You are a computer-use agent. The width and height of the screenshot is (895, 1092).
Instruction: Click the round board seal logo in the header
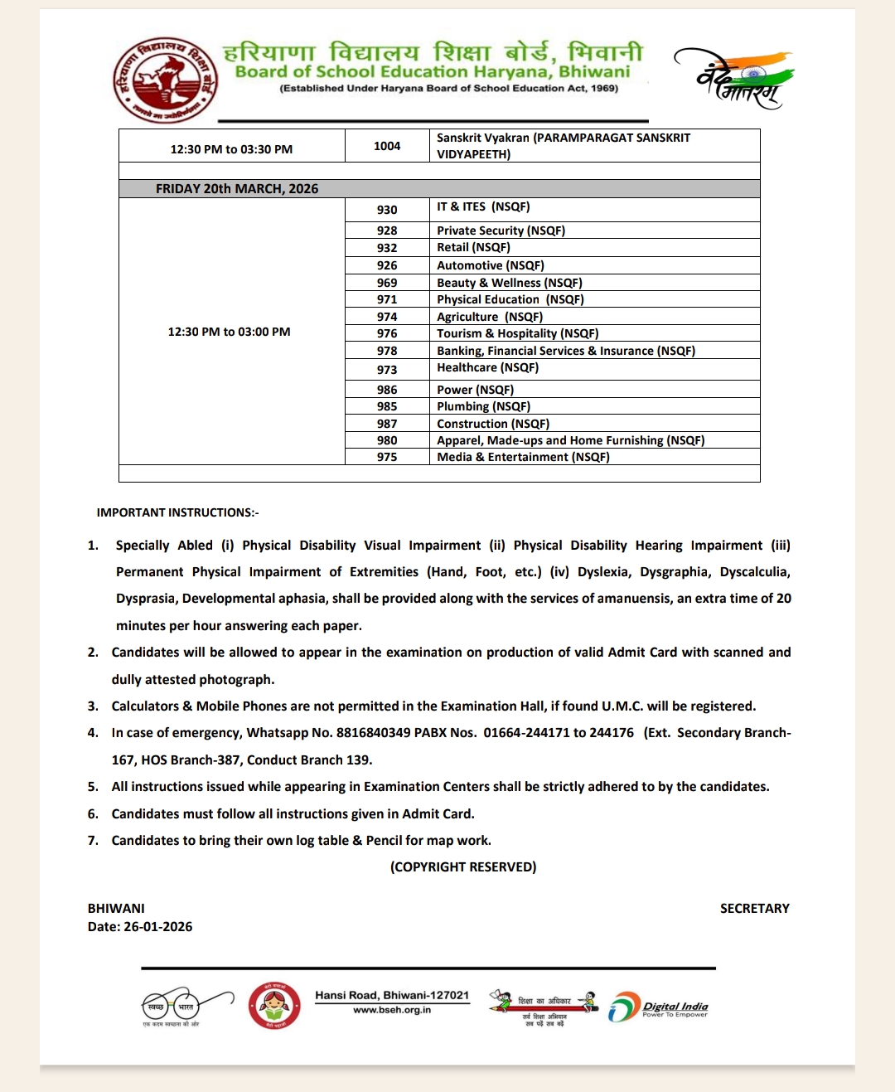(x=166, y=80)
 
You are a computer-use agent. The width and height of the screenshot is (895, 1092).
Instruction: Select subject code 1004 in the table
(x=387, y=146)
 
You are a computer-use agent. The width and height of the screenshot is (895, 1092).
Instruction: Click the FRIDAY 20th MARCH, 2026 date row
(x=237, y=189)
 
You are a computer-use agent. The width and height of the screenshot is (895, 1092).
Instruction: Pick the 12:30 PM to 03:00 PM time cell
(x=230, y=332)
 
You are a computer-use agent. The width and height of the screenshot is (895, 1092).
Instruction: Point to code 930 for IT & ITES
(x=387, y=210)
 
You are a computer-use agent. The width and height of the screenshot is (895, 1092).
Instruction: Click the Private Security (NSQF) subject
(x=501, y=231)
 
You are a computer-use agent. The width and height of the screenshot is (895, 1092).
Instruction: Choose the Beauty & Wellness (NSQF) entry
(x=509, y=283)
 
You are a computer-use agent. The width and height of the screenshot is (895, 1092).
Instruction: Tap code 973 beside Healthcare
(x=387, y=370)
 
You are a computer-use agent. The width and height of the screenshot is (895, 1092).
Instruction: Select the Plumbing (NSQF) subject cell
(x=483, y=406)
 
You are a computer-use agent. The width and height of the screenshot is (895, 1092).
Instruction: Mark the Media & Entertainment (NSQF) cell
(x=523, y=457)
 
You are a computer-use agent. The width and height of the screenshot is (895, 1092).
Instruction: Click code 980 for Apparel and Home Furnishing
(x=387, y=440)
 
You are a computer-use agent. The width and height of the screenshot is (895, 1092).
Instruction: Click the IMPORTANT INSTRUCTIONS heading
(x=177, y=512)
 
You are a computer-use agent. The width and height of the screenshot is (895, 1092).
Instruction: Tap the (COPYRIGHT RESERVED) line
(x=463, y=866)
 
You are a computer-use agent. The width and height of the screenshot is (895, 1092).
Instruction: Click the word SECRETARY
(x=754, y=909)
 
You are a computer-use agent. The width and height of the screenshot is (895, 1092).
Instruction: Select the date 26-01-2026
(x=157, y=927)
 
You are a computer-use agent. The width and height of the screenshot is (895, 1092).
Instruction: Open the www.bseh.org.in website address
(x=392, y=1010)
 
